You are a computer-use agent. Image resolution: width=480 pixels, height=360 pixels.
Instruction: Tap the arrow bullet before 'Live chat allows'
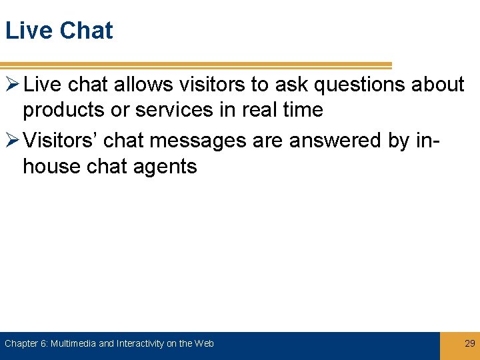tap(11, 85)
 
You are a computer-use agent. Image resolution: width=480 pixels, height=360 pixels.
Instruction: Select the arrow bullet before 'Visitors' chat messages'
tap(11, 141)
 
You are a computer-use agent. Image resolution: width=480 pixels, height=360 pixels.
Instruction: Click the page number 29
tap(469, 344)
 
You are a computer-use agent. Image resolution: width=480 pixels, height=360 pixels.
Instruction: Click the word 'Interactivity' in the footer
tap(141, 344)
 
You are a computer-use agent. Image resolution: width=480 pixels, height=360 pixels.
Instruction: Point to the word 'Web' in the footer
tap(205, 344)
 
